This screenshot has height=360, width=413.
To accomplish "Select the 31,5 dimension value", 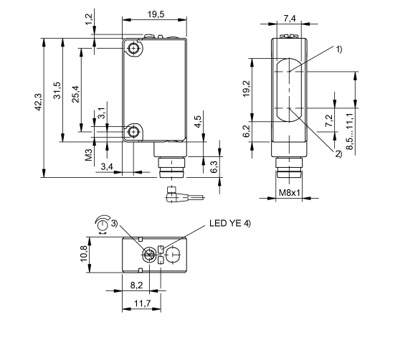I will coord(57,92).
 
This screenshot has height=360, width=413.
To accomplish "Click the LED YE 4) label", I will coord(230,224).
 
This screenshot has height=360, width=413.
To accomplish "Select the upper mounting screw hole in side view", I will coord(135,48).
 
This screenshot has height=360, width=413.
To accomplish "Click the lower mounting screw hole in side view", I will coord(135,132).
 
